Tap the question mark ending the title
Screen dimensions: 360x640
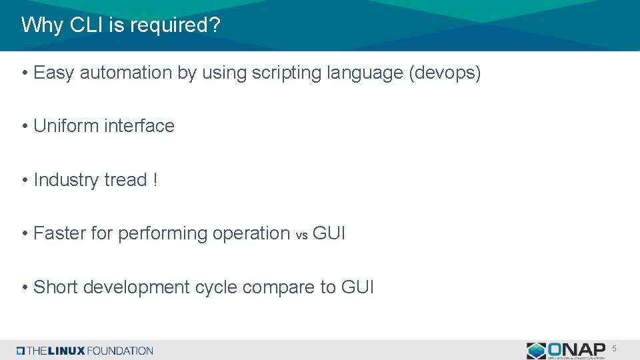[215, 25]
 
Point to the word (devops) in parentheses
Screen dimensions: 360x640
[444, 73]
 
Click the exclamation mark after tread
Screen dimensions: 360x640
[155, 180]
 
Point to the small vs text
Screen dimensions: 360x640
[301, 235]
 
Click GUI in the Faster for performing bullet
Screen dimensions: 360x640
[329, 233]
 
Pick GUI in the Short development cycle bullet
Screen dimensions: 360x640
[357, 287]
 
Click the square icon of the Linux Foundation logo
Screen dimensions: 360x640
[21, 351]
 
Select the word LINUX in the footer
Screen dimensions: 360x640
[65, 351]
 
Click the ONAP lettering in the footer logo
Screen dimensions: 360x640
[577, 349]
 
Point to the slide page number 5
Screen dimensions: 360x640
[615, 349]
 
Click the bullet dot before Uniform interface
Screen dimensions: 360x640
[24, 126]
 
